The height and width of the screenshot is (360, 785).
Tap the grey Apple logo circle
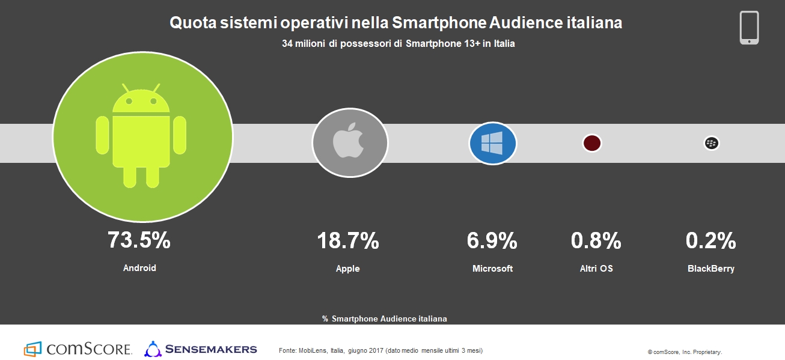pyautogui.click(x=350, y=142)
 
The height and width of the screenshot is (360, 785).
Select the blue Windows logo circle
pyautogui.click(x=493, y=143)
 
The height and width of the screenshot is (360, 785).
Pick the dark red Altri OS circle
pyautogui.click(x=592, y=143)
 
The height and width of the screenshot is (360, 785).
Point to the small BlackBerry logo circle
pyautogui.click(x=712, y=143)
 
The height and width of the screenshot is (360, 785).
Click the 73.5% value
pyautogui.click(x=139, y=240)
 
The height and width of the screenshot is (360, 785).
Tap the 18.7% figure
pyautogui.click(x=348, y=241)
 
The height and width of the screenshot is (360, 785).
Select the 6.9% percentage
pyautogui.click(x=492, y=241)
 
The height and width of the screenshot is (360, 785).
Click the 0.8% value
pyautogui.click(x=596, y=241)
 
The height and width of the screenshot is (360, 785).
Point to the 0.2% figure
pyautogui.click(x=710, y=241)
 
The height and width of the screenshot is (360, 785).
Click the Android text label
pyautogui.click(x=139, y=268)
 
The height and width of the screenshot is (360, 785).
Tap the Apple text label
pyautogui.click(x=347, y=269)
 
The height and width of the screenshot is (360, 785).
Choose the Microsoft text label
pyautogui.click(x=492, y=269)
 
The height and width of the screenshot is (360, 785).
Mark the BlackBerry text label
pyautogui.click(x=710, y=269)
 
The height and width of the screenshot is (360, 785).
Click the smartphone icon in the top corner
pyautogui.click(x=749, y=28)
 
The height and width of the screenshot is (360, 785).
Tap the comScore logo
pyautogui.click(x=78, y=349)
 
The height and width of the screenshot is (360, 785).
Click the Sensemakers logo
pyautogui.click(x=201, y=349)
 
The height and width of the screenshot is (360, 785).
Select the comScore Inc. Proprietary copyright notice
pyautogui.click(x=685, y=352)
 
